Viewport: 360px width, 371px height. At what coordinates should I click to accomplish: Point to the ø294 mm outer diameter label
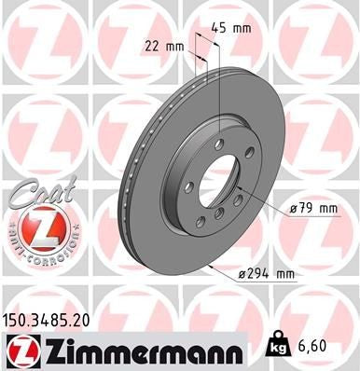tap(266, 273)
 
